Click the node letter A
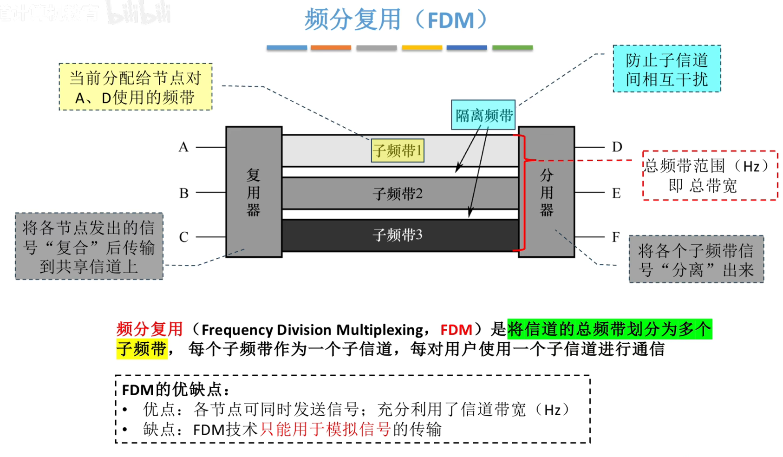click(x=184, y=147)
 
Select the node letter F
click(x=616, y=237)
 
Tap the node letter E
click(x=616, y=193)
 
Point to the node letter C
click(x=184, y=237)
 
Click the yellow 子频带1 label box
click(x=398, y=151)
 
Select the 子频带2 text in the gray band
click(x=398, y=194)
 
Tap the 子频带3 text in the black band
click(x=398, y=235)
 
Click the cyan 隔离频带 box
click(x=483, y=115)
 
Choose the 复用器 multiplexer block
click(x=254, y=192)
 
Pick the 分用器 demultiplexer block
click(x=547, y=192)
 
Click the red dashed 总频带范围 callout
click(x=710, y=176)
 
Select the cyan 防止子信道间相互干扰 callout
click(x=666, y=69)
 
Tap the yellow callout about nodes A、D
click(x=136, y=87)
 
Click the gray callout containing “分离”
click(x=696, y=259)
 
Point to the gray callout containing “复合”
click(x=89, y=247)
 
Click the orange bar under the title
click(x=331, y=47)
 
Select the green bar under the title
click(x=512, y=47)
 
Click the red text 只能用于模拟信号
click(x=325, y=429)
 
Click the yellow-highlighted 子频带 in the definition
click(x=141, y=349)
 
